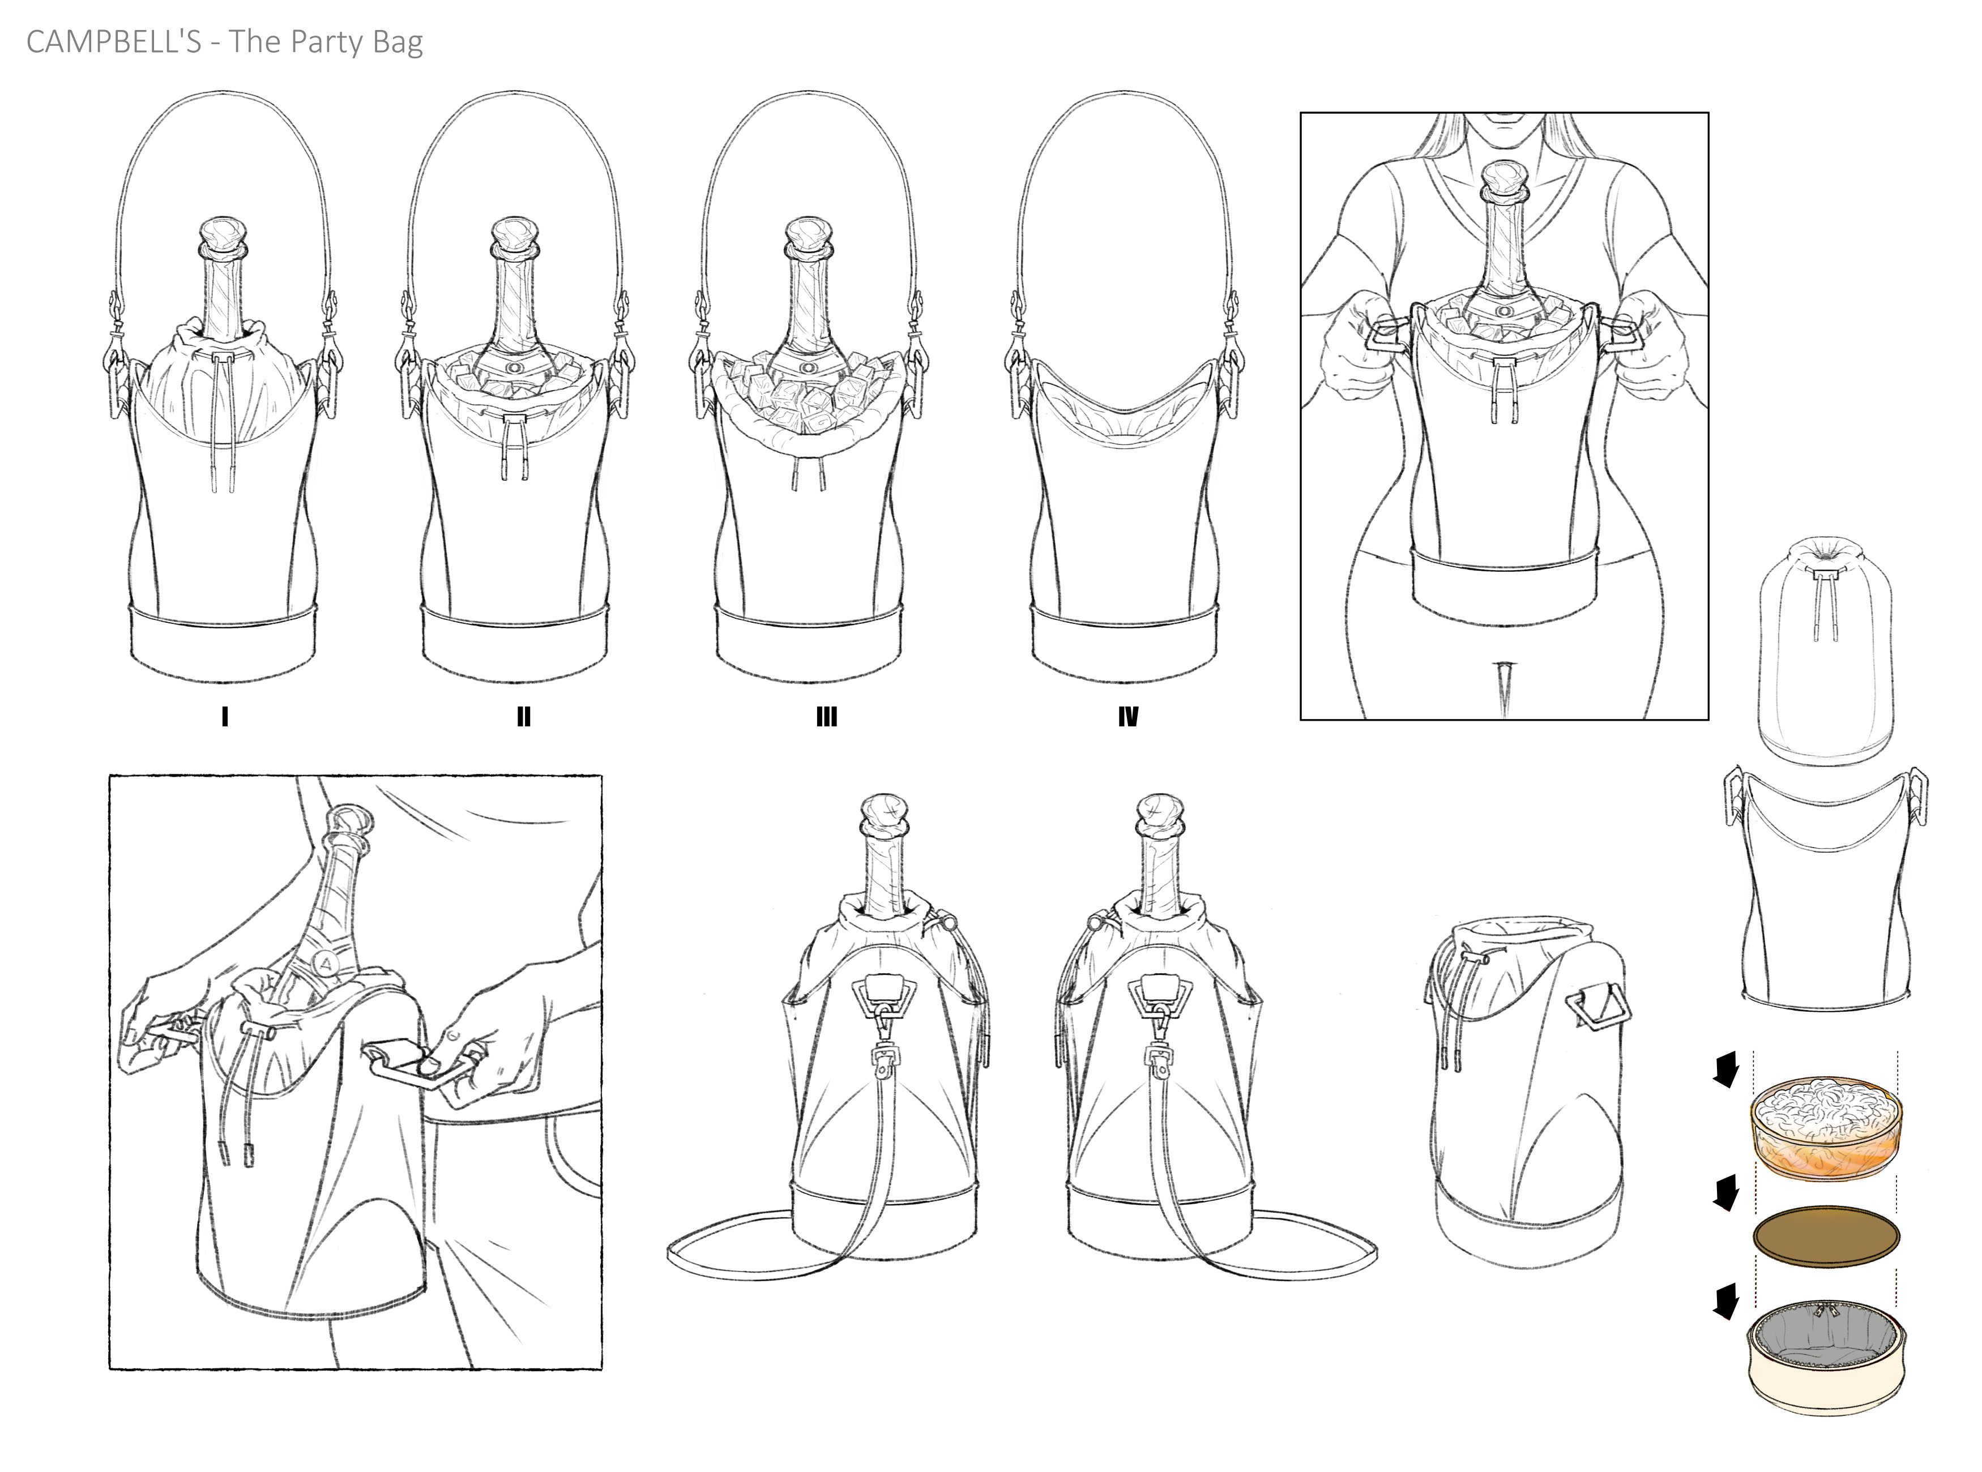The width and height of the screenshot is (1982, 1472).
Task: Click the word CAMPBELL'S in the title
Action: pyautogui.click(x=114, y=41)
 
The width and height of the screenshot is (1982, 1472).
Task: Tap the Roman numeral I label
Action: pyautogui.click(x=225, y=716)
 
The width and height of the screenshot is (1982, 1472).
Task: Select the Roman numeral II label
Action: pyautogui.click(x=523, y=716)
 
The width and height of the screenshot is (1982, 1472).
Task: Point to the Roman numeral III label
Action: pyautogui.click(x=826, y=716)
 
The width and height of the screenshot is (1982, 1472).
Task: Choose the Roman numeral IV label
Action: pyautogui.click(x=1127, y=716)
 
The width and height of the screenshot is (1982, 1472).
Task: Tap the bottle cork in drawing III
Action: pyautogui.click(x=808, y=236)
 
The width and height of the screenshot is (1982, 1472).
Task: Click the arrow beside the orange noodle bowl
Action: pyautogui.click(x=1726, y=1069)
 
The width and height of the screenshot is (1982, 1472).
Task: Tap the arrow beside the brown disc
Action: pyautogui.click(x=1726, y=1192)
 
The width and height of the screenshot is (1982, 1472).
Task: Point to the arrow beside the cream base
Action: pyautogui.click(x=1726, y=1306)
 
